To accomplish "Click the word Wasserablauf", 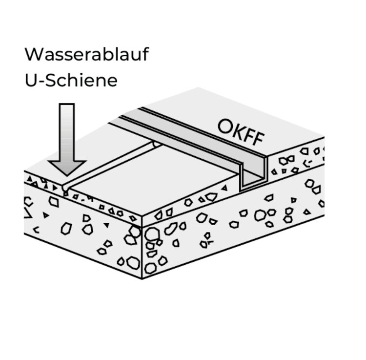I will [x=86, y=54].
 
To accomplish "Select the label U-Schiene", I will [x=71, y=80].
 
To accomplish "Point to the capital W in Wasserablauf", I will [x=33, y=54].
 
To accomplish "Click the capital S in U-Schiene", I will [x=52, y=80].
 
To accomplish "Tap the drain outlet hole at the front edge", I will [x=65, y=188].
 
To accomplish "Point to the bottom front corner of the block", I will [x=142, y=278].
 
